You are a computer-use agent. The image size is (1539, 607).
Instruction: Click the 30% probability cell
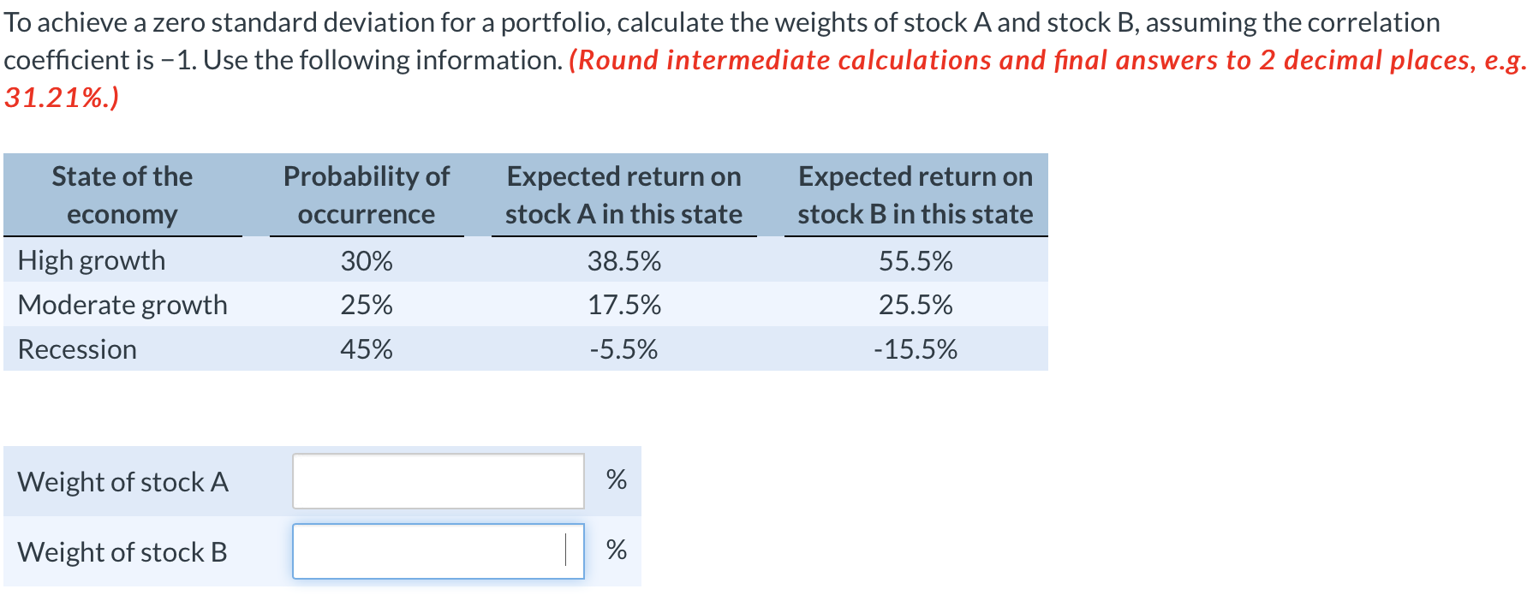click(367, 261)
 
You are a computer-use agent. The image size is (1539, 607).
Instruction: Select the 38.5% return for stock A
click(623, 261)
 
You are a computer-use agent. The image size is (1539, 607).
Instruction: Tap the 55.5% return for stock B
click(916, 261)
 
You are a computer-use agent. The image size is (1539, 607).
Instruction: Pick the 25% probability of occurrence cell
click(367, 305)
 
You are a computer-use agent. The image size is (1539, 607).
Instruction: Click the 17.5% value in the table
click(623, 305)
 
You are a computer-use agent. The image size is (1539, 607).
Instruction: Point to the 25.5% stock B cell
click(916, 305)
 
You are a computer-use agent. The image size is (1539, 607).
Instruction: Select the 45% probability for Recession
click(367, 349)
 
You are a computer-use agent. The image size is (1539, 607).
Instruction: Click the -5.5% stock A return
click(623, 349)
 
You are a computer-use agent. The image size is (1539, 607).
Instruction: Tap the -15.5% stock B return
click(916, 349)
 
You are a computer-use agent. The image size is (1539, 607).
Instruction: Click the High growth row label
click(92, 261)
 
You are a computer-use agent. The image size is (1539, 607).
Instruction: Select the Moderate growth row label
click(122, 305)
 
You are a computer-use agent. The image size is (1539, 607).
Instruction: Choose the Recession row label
click(77, 349)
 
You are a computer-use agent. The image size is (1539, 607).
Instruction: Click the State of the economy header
click(122, 195)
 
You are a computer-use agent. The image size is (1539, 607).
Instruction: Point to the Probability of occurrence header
click(367, 195)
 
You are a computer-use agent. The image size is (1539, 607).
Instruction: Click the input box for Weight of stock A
click(438, 481)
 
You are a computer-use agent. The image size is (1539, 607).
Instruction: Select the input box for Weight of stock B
click(438, 551)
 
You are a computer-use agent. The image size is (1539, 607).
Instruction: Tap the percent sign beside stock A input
click(616, 479)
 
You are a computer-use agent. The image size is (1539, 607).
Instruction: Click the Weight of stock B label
click(122, 552)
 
